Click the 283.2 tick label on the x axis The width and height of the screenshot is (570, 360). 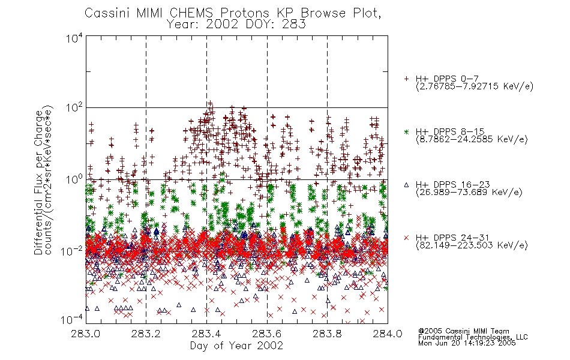(146, 334)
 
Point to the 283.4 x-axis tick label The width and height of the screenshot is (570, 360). (206, 334)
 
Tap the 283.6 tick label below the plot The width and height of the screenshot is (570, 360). (267, 334)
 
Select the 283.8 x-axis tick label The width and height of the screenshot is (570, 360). (327, 334)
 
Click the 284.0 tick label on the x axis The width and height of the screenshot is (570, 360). (388, 334)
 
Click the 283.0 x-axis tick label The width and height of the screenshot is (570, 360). (86, 334)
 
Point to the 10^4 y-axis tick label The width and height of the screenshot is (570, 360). (74, 38)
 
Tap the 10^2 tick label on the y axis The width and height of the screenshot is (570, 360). (74, 108)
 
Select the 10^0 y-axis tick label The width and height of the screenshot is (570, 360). (74, 179)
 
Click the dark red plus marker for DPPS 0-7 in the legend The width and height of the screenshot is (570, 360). (406, 79)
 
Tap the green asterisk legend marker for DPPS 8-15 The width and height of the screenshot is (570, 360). (406, 131)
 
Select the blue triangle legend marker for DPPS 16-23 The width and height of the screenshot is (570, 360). (406, 185)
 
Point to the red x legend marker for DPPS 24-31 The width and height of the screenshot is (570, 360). (406, 238)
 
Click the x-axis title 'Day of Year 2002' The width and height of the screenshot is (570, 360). (236, 346)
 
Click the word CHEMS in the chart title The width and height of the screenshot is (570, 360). (191, 13)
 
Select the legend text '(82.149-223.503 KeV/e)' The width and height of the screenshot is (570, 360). (472, 245)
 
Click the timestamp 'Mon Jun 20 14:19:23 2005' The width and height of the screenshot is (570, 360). (467, 343)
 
